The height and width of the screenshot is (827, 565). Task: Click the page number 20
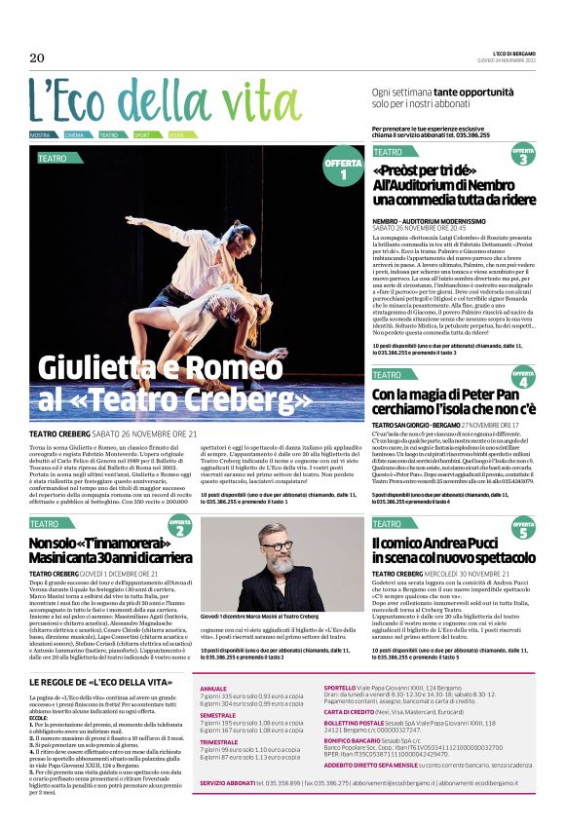pos(37,58)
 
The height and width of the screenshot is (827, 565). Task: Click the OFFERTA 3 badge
pos(523,155)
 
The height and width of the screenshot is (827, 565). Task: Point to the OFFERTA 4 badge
pos(523,377)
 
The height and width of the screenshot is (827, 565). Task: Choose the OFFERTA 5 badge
pos(523,532)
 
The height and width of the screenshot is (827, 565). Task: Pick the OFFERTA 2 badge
pos(180,528)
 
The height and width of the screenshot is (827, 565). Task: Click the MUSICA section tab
pos(40,134)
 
